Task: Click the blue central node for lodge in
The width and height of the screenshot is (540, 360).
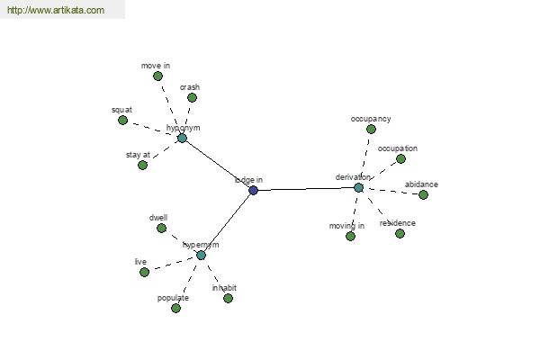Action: point(253,190)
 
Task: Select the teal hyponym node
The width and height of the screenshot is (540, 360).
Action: point(182,138)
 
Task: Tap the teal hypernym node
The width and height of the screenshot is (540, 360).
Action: point(201,255)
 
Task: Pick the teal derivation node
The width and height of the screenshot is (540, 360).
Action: point(358,187)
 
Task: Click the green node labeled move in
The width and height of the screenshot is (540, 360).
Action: point(157,76)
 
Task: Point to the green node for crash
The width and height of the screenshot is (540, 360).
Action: point(192,97)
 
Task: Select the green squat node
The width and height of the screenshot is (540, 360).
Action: point(123,120)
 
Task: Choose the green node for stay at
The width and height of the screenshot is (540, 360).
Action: point(142,165)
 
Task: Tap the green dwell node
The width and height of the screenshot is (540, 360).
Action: point(161,228)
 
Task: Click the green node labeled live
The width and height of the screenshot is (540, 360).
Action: point(142,272)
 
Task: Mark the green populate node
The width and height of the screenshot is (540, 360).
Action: point(175,308)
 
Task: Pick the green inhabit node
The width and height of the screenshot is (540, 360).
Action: point(228,298)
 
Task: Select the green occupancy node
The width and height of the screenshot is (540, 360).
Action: point(371,129)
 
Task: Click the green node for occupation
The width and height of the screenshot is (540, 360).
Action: point(400,158)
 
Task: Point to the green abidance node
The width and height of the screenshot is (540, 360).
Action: point(423,194)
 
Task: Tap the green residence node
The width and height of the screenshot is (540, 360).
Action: point(400,233)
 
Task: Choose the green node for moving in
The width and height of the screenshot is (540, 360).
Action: point(350,236)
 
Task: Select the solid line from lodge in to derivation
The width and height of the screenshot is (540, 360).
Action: point(306,189)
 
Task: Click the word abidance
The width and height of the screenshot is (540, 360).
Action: point(421,184)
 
